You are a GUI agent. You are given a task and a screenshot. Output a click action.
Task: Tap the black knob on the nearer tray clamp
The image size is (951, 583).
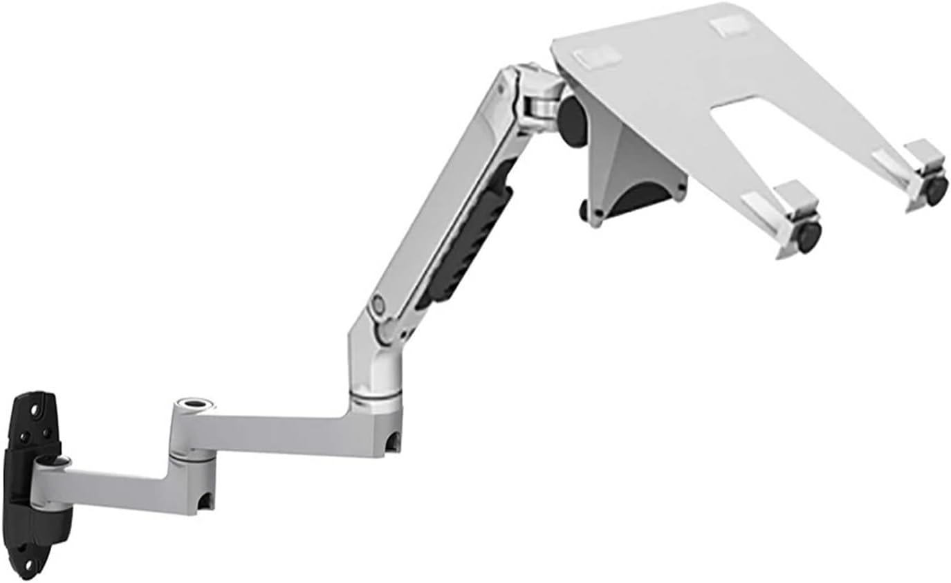click(809, 236)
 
